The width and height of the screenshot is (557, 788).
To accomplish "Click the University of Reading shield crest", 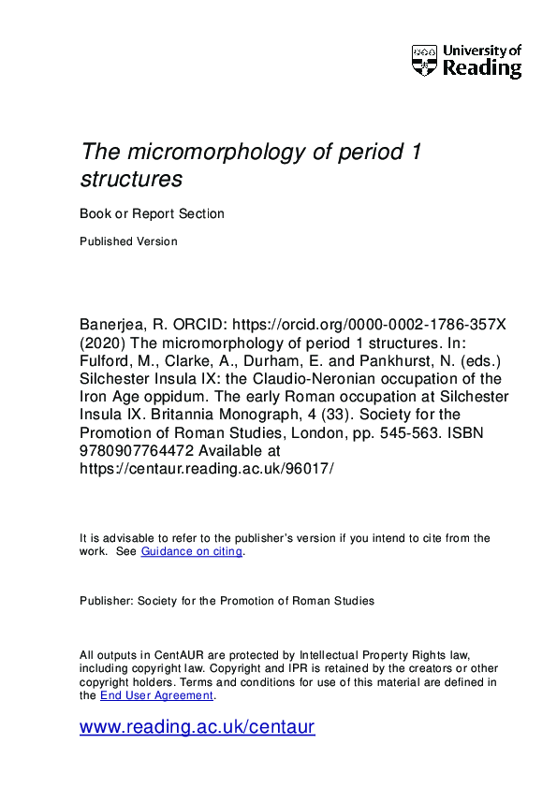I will click(x=424, y=60).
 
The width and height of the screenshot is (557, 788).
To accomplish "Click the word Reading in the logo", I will click(x=482, y=68).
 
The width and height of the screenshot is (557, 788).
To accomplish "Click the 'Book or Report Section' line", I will click(x=152, y=213).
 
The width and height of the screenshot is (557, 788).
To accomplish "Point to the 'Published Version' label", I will click(x=128, y=241).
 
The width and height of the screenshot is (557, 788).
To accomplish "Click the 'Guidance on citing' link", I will click(x=191, y=552).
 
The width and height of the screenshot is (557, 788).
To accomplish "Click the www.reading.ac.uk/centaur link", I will click(x=197, y=727).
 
